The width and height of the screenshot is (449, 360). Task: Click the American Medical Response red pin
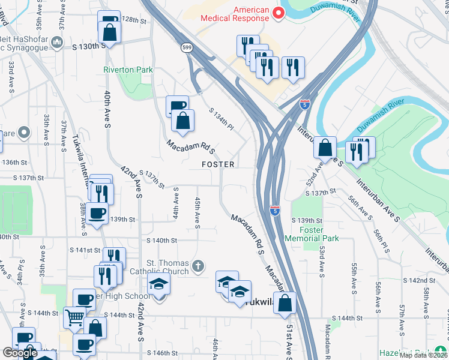pyautogui.click(x=279, y=13)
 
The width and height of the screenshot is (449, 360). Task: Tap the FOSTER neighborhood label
pyautogui.click(x=218, y=164)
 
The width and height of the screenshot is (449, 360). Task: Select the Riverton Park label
pyautogui.click(x=128, y=70)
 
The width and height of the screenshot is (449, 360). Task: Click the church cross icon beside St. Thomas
pyautogui.click(x=199, y=265)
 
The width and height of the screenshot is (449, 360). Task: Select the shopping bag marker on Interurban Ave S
pyautogui.click(x=325, y=147)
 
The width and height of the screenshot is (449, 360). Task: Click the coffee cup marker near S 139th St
pyautogui.click(x=97, y=213)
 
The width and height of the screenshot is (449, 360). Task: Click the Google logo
pyautogui.click(x=20, y=352)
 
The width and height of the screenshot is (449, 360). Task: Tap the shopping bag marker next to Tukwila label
pyautogui.click(x=285, y=302)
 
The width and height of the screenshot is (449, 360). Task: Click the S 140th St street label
pyautogui.click(x=162, y=241)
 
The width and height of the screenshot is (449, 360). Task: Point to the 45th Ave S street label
pyautogui.click(x=197, y=211)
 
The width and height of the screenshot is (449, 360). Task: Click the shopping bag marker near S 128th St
pyautogui.click(x=110, y=34)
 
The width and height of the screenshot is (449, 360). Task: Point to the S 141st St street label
pyautogui.click(x=85, y=250)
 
